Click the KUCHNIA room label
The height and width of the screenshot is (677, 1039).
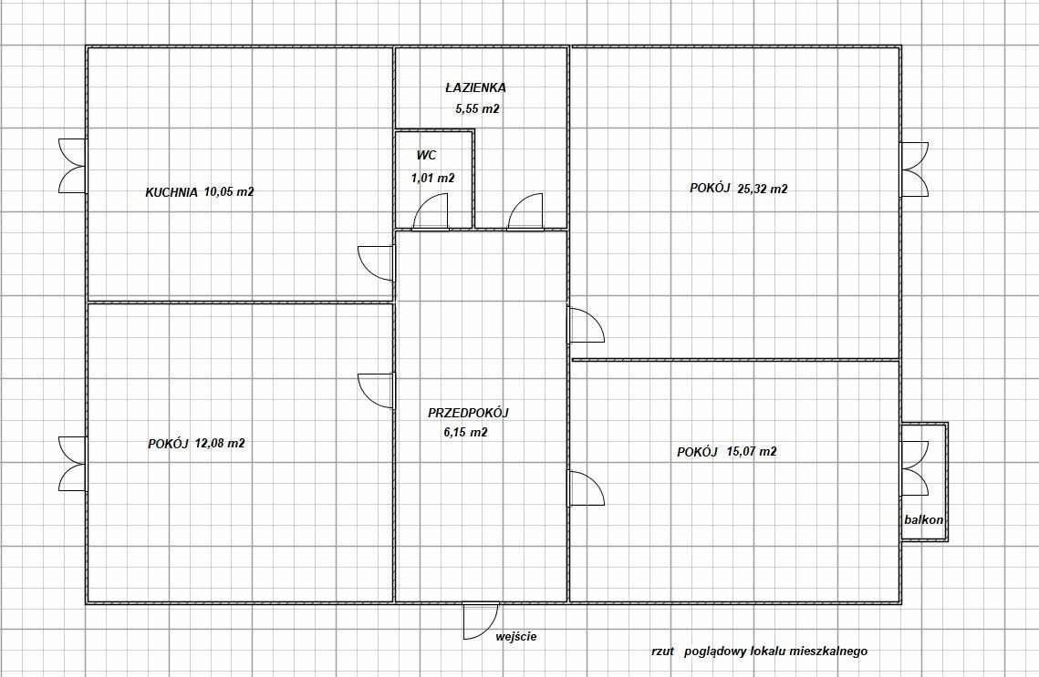coord(171,192)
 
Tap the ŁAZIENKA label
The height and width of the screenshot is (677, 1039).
coord(476,87)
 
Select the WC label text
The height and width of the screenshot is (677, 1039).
coord(426,156)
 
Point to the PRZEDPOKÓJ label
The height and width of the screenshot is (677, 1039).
coord(468,413)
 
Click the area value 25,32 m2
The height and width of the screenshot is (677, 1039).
coord(762,190)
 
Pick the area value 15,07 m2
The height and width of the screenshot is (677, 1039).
coord(752,452)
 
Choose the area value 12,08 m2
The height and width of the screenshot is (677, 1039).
coord(219,444)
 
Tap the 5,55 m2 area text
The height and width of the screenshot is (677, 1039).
coord(476,109)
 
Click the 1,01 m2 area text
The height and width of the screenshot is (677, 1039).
coord(432,178)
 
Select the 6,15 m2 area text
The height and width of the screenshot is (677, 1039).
coord(465,433)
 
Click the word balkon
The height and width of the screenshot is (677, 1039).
coord(923,519)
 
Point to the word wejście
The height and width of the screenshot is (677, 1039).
coord(516,637)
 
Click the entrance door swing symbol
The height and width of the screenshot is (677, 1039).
coord(481,621)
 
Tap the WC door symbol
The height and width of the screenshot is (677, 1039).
coord(431,211)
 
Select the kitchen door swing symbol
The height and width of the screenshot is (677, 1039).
coord(376,262)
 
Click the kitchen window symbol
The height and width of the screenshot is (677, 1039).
coord(72,166)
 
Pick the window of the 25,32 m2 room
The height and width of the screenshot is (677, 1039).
coord(914,169)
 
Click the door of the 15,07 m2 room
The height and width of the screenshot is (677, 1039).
coord(586,488)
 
